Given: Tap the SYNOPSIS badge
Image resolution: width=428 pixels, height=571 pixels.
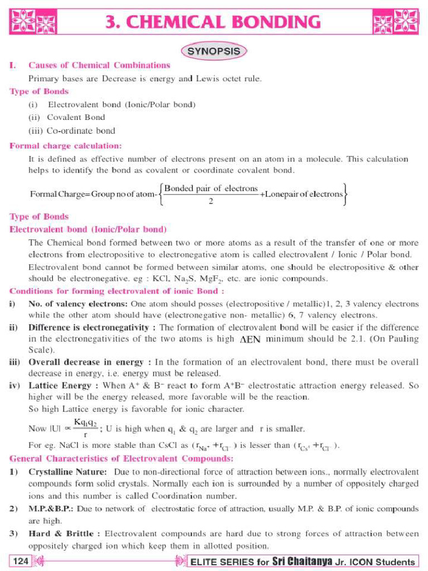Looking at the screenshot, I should (213, 51).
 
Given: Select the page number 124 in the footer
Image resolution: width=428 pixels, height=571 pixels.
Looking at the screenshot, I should (20, 560).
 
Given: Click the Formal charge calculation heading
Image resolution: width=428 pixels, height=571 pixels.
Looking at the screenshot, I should (65, 146).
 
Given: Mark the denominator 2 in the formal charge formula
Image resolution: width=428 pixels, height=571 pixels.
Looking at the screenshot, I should (211, 201).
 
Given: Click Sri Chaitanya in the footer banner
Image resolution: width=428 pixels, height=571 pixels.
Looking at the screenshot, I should (301, 561).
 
